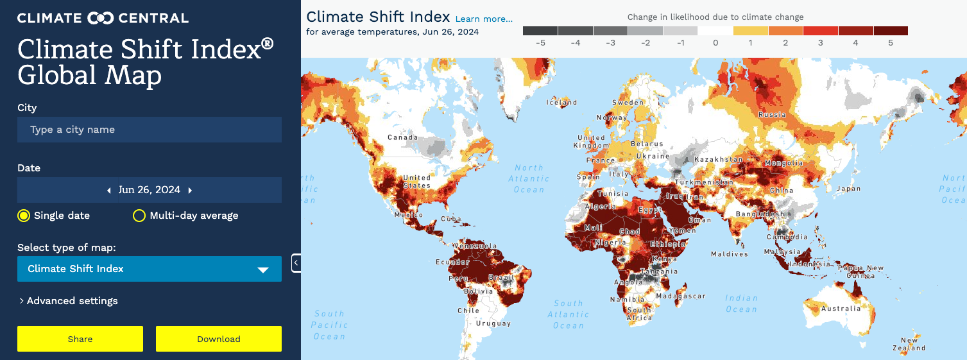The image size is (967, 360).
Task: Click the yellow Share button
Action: click(80, 339)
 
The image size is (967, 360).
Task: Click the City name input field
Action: click(149, 130)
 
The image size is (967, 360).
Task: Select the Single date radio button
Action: click(24, 216)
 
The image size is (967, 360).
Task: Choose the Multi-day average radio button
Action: click(139, 216)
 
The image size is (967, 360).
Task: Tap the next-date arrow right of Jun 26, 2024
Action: click(191, 190)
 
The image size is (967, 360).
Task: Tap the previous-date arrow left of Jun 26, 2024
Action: click(109, 190)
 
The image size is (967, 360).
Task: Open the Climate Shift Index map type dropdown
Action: click(149, 269)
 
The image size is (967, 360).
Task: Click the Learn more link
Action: click(484, 19)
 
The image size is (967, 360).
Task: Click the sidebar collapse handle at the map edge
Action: click(296, 263)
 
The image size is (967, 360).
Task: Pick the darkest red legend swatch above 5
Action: click(891, 30)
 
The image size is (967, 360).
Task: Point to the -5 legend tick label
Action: click(540, 43)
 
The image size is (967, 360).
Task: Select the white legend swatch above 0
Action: click(715, 30)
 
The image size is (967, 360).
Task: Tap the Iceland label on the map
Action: click(561, 103)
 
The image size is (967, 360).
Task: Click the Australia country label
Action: click(841, 309)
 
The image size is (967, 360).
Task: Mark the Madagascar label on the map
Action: click(681, 296)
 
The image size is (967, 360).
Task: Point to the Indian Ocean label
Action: click(741, 304)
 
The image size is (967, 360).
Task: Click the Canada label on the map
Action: click(402, 137)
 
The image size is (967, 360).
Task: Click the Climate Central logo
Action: click(103, 18)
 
